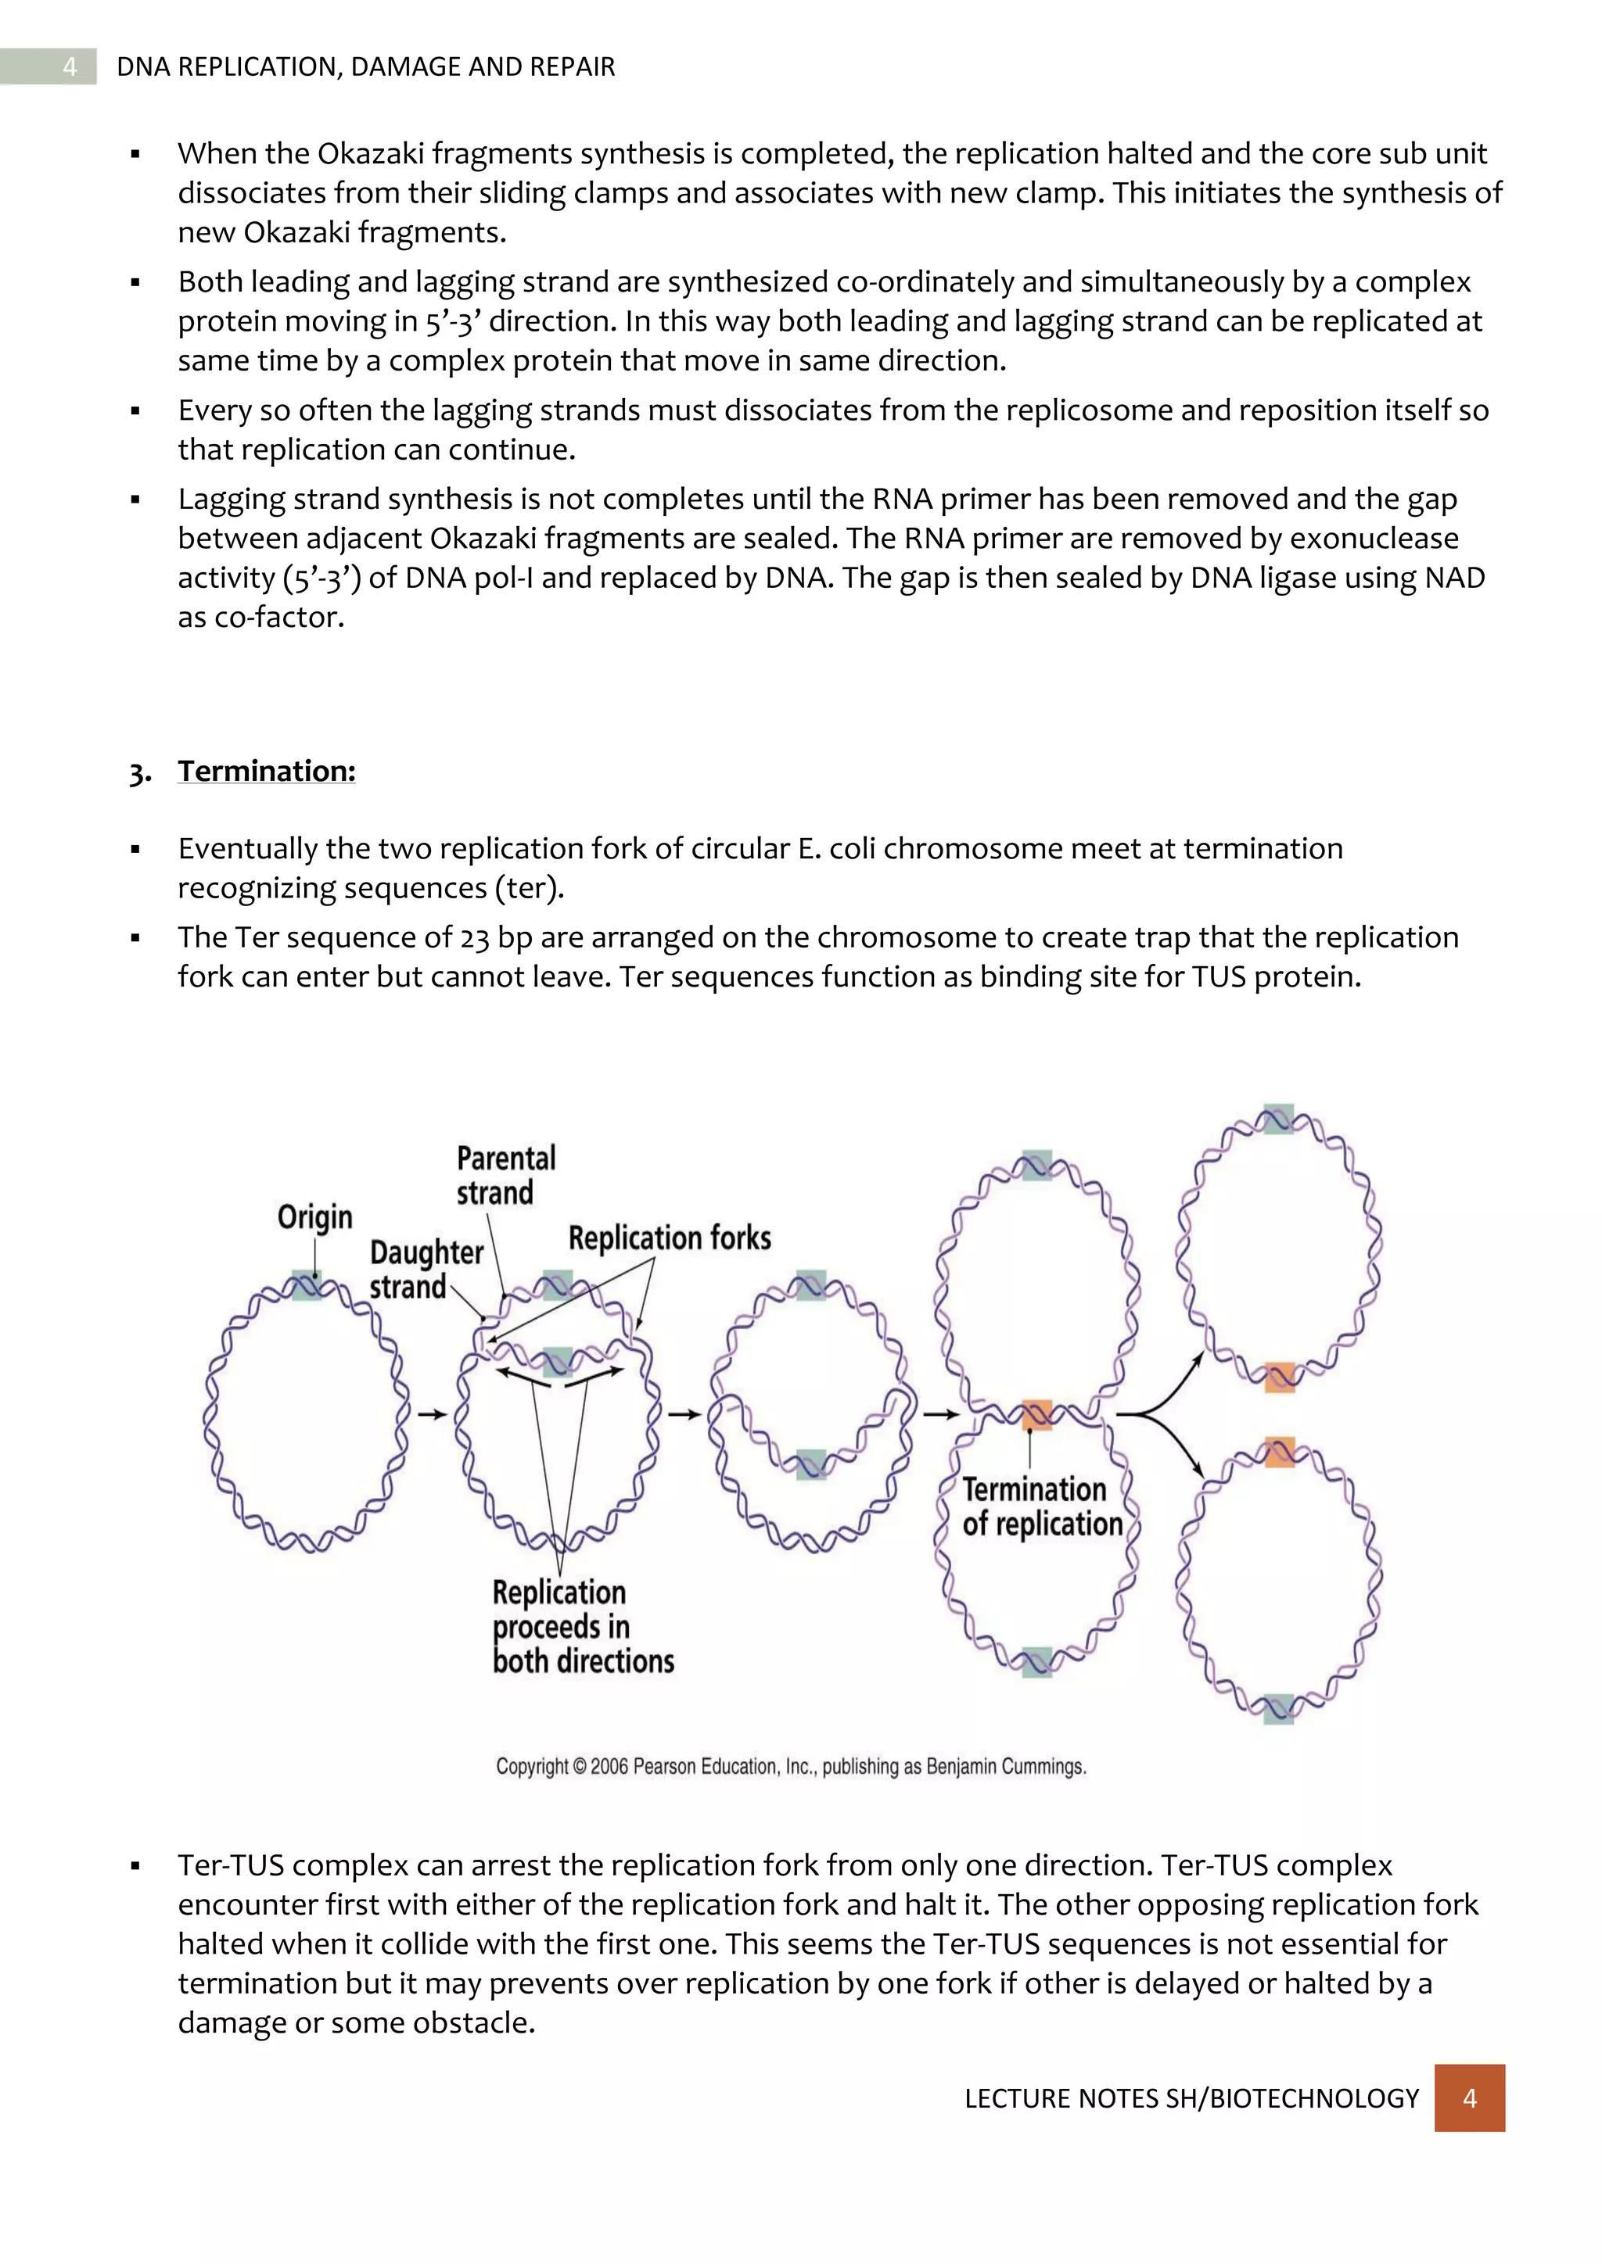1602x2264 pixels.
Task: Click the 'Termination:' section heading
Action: (x=266, y=771)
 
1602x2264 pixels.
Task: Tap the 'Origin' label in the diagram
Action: (x=314, y=1216)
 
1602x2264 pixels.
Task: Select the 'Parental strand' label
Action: (x=506, y=1175)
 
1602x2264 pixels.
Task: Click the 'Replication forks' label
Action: (x=669, y=1238)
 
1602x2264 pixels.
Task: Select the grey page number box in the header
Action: (x=69, y=66)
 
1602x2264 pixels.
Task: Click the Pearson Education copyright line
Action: (x=790, y=1766)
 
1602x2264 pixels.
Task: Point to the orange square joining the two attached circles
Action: (x=1036, y=1414)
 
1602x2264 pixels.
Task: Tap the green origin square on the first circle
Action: (x=307, y=1286)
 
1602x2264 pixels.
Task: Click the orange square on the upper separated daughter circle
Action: (x=1280, y=1377)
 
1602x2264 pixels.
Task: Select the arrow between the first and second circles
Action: (x=432, y=1415)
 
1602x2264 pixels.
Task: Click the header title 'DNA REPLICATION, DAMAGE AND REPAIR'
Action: (x=365, y=66)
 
